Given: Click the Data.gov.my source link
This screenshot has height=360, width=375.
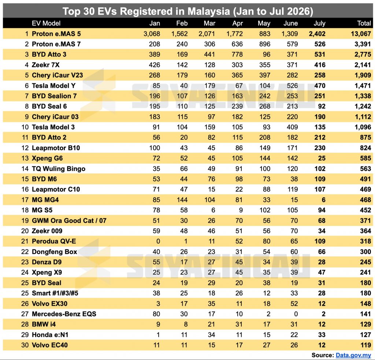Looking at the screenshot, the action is [x=353, y=355].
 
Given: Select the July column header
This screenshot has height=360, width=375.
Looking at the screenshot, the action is [x=319, y=23].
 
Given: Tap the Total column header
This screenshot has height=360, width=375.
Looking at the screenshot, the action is [x=364, y=23].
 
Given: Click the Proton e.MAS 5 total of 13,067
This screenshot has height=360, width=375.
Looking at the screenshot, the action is [x=361, y=34].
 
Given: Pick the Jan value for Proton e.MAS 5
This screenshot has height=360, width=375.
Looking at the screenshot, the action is [x=152, y=34].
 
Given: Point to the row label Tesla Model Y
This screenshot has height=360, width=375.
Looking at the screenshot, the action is [x=53, y=86].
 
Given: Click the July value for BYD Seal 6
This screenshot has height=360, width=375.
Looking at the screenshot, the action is [x=322, y=106].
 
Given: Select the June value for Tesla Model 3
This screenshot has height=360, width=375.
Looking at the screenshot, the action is [x=292, y=127].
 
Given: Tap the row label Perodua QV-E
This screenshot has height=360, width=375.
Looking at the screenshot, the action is [x=54, y=241].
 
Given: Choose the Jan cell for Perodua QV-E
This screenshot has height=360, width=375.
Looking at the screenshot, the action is [x=158, y=241].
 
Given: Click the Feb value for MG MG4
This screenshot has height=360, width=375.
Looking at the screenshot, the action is [x=182, y=200].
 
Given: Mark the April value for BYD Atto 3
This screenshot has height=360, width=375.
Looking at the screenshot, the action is [x=237, y=55].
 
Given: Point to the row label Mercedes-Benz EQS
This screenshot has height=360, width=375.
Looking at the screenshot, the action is [x=64, y=314].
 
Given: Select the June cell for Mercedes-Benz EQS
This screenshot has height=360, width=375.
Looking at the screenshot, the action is [x=296, y=314].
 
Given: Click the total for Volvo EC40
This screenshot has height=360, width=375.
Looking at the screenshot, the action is [x=366, y=345].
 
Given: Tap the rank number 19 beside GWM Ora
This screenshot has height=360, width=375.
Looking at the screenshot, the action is [x=25, y=221].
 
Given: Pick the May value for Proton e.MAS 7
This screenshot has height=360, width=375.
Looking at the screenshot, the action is [x=265, y=44].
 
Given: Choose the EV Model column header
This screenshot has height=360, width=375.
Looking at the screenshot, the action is [x=46, y=23].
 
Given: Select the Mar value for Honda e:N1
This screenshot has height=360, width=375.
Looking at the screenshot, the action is [x=211, y=335].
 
